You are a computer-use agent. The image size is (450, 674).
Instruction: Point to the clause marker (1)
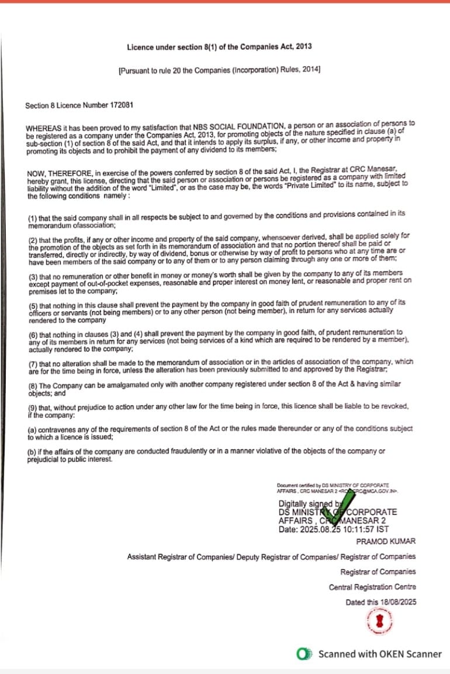click(32, 218)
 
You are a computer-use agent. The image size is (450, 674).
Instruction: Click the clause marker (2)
click(32, 240)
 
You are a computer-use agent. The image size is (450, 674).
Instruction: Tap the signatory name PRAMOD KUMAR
click(386, 542)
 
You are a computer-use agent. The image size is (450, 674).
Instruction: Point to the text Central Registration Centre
click(372, 587)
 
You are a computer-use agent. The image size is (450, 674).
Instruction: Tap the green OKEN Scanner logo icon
click(303, 654)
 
